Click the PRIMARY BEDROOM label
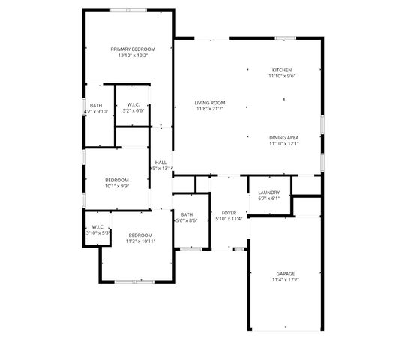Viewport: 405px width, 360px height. (133, 49)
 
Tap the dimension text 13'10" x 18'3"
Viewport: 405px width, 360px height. (133, 55)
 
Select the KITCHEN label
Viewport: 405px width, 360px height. (282, 70)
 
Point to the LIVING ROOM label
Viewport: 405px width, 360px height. (210, 102)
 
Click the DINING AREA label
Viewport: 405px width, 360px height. (284, 138)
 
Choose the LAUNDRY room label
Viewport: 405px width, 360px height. (268, 193)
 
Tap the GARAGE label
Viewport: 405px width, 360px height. (285, 273)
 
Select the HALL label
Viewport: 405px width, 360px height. (160, 162)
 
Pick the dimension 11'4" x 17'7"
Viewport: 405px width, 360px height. (285, 280)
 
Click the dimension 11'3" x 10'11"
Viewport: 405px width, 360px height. (140, 241)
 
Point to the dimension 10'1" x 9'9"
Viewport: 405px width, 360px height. (117, 186)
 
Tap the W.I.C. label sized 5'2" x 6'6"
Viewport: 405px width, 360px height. (134, 104)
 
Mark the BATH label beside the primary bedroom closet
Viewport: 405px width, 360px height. (96, 105)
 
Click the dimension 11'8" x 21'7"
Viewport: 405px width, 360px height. (210, 109)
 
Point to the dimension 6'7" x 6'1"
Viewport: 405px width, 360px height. (268, 199)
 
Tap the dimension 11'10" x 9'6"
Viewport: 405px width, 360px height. (282, 76)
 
